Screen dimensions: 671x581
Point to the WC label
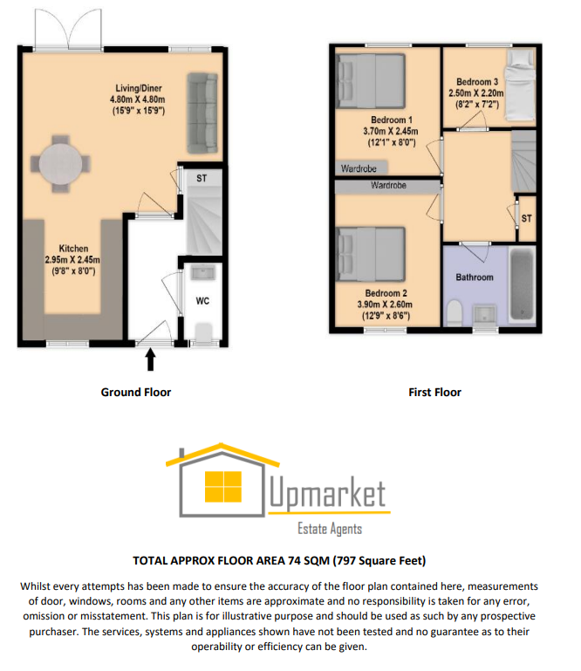point(202,301)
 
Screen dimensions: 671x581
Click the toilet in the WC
point(202,332)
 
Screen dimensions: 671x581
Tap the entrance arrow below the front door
point(150,359)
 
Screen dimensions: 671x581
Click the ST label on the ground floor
point(202,178)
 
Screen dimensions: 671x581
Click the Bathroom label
point(475,277)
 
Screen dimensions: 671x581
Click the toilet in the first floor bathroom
point(454,313)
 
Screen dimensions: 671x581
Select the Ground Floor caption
point(136,393)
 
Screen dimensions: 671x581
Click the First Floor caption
point(434,393)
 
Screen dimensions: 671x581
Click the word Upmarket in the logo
point(326,495)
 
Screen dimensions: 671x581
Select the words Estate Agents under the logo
point(330,529)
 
